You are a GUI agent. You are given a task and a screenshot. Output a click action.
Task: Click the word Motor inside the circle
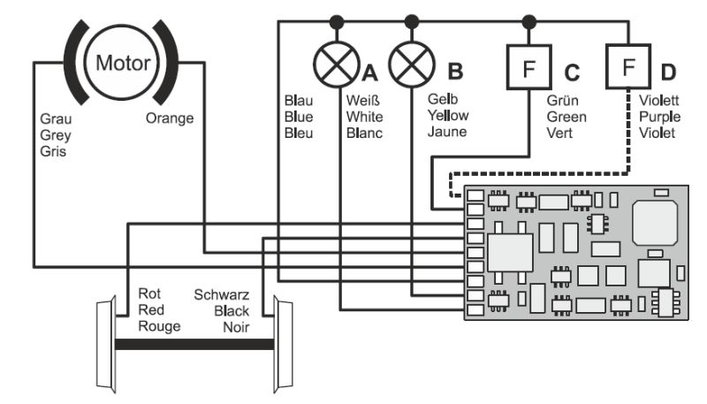point(123,64)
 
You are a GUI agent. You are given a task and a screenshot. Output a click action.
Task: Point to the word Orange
point(169,118)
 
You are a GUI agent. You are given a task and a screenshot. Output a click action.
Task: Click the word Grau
point(56,118)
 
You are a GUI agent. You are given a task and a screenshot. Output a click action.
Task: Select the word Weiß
point(362,100)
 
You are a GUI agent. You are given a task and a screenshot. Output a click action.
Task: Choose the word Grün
point(562,100)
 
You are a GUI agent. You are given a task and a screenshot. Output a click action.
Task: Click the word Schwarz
point(222,293)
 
